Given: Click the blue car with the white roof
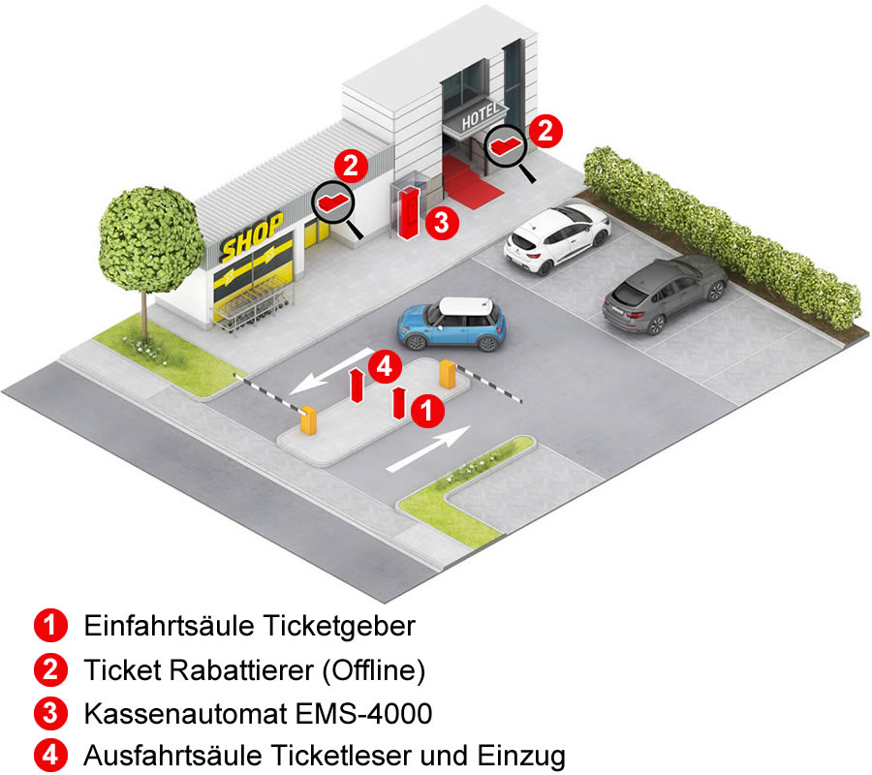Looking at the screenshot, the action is [x=452, y=324].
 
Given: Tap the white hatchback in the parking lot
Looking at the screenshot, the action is [x=557, y=238].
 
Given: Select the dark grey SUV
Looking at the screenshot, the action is [x=665, y=294].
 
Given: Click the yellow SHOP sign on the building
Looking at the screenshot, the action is [x=251, y=236].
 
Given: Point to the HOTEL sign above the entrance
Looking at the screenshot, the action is [x=480, y=115].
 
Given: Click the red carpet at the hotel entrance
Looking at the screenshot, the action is [x=471, y=181].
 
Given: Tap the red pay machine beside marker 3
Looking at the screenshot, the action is [x=409, y=213].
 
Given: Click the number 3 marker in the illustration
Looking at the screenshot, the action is [x=442, y=223].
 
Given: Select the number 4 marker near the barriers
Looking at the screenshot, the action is [x=386, y=366].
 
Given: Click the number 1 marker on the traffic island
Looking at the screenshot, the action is [x=427, y=411].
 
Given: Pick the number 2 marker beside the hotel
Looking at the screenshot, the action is [x=545, y=131].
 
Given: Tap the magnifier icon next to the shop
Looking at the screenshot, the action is [x=336, y=206].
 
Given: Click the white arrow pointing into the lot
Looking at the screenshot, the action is [x=429, y=449].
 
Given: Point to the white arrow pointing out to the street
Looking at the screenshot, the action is [x=332, y=371].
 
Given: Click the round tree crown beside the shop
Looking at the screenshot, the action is [x=150, y=239].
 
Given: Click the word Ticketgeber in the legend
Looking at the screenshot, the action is [x=339, y=627].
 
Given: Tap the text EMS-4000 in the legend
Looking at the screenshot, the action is [x=364, y=714].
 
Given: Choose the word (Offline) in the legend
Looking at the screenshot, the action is [x=374, y=670].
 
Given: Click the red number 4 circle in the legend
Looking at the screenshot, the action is [x=50, y=756].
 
